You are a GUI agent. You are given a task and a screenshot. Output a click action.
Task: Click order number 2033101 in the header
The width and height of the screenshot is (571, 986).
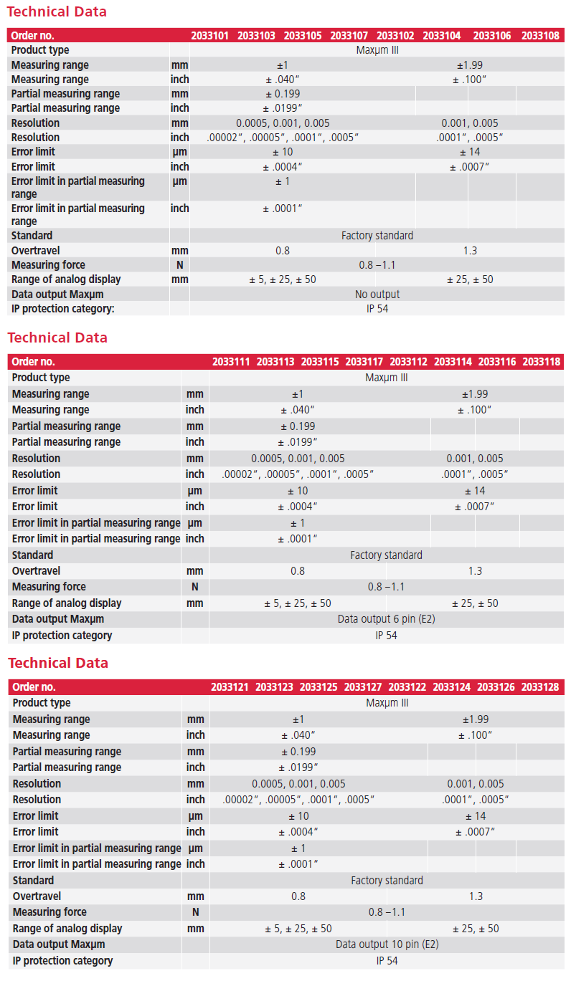point(209,36)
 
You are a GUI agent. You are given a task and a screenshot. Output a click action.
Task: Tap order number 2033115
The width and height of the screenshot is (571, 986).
point(320,362)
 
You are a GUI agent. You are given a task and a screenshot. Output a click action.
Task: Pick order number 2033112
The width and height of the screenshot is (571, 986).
point(409,362)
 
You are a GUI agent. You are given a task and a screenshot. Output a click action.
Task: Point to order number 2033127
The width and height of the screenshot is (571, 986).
point(363,687)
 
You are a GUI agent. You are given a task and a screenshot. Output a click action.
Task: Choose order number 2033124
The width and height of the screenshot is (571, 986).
point(452,687)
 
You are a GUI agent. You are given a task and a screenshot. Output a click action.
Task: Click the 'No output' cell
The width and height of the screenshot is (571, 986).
point(377,295)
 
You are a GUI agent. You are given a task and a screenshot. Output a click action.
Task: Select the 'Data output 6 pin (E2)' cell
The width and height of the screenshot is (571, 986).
point(387,619)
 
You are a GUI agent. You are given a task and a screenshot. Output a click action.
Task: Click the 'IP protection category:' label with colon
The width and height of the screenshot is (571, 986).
point(63,309)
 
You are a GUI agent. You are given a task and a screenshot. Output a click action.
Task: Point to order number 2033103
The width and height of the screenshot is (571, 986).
point(256,36)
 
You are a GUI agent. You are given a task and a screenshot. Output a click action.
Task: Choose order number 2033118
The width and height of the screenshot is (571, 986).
point(542,362)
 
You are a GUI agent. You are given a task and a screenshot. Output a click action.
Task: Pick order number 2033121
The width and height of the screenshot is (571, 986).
point(230,687)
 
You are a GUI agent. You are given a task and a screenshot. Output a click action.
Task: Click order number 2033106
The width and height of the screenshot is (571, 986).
point(492,36)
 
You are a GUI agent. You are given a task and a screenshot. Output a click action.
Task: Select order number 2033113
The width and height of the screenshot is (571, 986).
point(275,362)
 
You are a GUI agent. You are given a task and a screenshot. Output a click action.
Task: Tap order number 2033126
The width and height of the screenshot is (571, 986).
point(496,687)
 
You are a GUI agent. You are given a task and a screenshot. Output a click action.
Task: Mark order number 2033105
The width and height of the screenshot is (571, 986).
point(303,36)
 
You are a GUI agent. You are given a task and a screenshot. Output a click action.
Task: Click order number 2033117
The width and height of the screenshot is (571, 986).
point(364,362)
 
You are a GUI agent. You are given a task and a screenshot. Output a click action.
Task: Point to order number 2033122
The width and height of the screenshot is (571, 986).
point(407,687)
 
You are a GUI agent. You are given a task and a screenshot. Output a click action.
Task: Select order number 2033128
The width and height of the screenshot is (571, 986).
point(540,687)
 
